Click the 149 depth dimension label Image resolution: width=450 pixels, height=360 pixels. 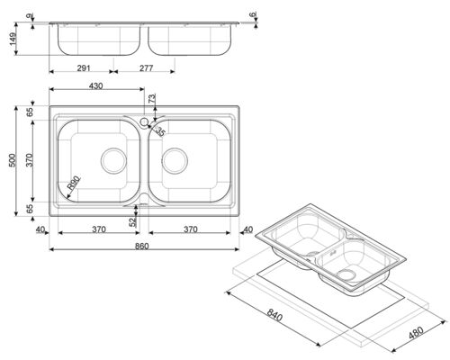tap(13, 39)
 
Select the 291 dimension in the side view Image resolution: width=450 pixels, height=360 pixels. tap(84, 68)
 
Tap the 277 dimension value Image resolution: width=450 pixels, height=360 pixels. tap(146, 68)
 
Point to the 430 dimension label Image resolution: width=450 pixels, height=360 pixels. tap(96, 86)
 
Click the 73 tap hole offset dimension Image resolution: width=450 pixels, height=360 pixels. tap(152, 99)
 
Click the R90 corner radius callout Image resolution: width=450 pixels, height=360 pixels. tap(74, 184)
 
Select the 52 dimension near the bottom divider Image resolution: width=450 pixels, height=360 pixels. tap(132, 221)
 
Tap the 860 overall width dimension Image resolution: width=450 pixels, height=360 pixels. tap(141, 247)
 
